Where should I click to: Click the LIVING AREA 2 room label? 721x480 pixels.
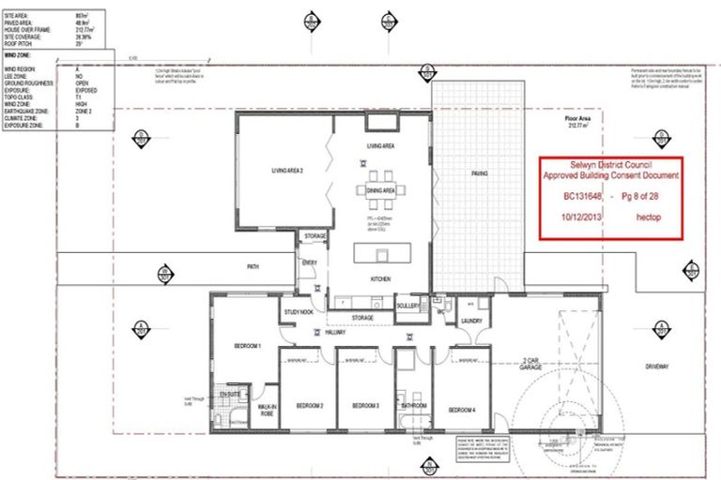tap(287, 170)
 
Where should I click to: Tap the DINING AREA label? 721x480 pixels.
tap(381, 190)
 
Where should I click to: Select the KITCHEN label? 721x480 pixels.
tap(380, 278)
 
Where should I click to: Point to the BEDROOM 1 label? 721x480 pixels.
tap(246, 347)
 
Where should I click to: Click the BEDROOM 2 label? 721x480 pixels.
tap(310, 405)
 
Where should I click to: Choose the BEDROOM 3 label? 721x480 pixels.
tap(365, 405)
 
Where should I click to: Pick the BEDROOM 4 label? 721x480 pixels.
tap(461, 410)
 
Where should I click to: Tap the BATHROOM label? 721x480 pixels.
tap(413, 405)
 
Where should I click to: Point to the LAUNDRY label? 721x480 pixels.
tap(470, 321)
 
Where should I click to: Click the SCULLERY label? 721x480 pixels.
tap(407, 307)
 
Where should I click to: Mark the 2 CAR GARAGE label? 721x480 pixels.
tap(536, 363)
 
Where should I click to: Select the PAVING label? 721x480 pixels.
tap(480, 173)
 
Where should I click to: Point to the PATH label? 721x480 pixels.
tap(253, 267)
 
